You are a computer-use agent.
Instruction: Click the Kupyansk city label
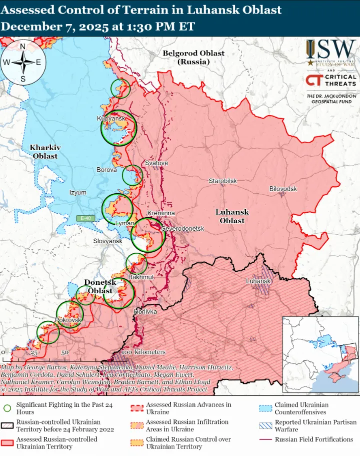click(x=110, y=119)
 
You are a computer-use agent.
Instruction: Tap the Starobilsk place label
click(x=222, y=180)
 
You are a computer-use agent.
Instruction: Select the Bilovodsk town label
click(x=283, y=189)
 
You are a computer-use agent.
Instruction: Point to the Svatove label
click(x=156, y=163)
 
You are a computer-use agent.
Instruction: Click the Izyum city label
click(x=77, y=193)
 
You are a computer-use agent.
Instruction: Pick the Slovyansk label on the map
click(x=107, y=241)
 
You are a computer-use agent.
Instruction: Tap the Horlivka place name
click(x=145, y=311)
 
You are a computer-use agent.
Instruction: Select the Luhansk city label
click(x=258, y=281)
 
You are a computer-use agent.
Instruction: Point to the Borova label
click(x=106, y=170)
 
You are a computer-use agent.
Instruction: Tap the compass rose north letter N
click(x=22, y=47)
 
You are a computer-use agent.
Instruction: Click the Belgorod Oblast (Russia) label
click(x=193, y=57)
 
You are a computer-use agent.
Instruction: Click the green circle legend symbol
click(x=7, y=408)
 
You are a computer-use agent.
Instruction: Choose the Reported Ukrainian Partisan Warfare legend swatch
click(x=265, y=425)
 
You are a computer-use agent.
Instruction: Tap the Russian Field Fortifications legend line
click(x=265, y=439)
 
